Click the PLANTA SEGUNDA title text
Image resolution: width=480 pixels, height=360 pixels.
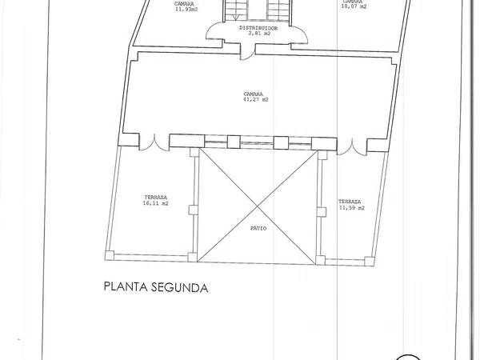coord(156,287)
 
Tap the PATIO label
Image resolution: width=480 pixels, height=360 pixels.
coord(258,228)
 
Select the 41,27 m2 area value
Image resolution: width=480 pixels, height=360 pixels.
coord(256,99)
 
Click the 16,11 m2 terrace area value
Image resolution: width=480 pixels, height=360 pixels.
coord(155,203)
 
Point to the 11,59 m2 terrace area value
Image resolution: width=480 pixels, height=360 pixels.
coord(352,207)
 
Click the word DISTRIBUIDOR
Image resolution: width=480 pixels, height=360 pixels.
coord(258,28)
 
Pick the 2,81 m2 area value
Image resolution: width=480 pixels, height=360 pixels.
coord(259,34)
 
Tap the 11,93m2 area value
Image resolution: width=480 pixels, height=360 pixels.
coord(186,9)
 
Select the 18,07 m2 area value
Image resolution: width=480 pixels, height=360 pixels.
coord(354,6)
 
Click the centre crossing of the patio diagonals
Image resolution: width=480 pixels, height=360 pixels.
coord(258,207)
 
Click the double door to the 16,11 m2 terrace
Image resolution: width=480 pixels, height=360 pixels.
coord(154,142)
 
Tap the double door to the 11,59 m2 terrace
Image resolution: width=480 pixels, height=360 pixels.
coord(352,147)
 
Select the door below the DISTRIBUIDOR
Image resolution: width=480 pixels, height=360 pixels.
coord(247,52)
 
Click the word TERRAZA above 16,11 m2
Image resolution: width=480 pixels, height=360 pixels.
coord(155,198)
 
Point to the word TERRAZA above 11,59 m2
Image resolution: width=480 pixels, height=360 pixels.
coord(350,202)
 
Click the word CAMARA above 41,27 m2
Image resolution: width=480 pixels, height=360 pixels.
coord(253,94)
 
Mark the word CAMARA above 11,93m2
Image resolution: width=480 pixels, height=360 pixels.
coord(184,4)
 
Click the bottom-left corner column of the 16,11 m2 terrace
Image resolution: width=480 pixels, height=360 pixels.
coord(110,256)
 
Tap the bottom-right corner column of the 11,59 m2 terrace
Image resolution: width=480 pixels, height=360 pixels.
coord(369,261)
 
